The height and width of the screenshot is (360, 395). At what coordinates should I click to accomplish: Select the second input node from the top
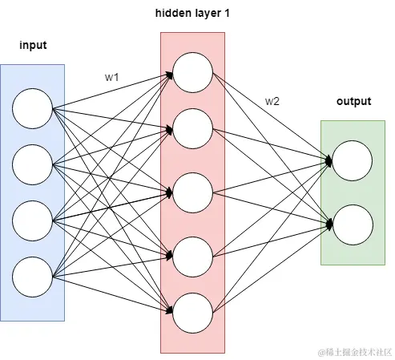click(33, 164)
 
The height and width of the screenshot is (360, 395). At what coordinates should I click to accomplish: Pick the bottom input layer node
click(33, 275)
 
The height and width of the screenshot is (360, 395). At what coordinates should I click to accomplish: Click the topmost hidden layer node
click(192, 73)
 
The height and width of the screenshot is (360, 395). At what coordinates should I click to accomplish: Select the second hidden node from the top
click(192, 127)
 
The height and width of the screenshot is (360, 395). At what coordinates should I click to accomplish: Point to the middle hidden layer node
click(192, 192)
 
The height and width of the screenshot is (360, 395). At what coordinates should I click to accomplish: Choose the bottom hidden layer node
click(192, 312)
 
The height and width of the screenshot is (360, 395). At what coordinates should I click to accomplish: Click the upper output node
click(353, 160)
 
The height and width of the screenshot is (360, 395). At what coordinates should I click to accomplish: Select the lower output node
click(353, 223)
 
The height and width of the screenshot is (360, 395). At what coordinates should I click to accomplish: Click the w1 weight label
click(111, 78)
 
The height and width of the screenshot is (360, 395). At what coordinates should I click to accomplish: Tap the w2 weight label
click(272, 101)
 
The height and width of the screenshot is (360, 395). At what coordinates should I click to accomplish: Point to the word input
click(33, 46)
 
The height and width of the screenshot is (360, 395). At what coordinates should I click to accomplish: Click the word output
click(353, 102)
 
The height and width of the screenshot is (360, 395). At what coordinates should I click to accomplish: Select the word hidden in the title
click(171, 15)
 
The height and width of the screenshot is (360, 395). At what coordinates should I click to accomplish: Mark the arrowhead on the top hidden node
click(170, 74)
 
